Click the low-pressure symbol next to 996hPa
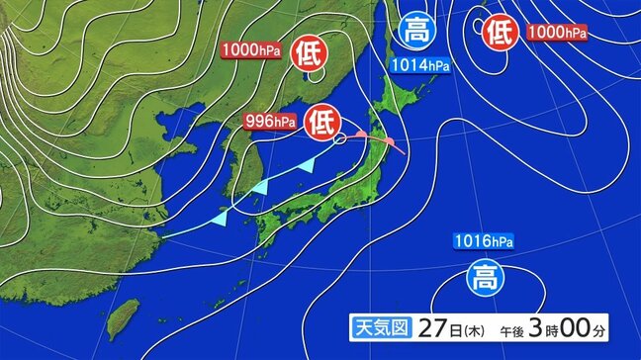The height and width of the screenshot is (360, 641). [320, 121]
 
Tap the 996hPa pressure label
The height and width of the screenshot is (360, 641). [270, 121]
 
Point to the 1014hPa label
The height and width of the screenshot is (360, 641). [418, 65]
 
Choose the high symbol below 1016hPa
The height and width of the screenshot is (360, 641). [484, 273]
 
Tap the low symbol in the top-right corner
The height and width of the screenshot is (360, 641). [501, 33]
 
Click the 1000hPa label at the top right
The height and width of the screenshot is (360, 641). [557, 33]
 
